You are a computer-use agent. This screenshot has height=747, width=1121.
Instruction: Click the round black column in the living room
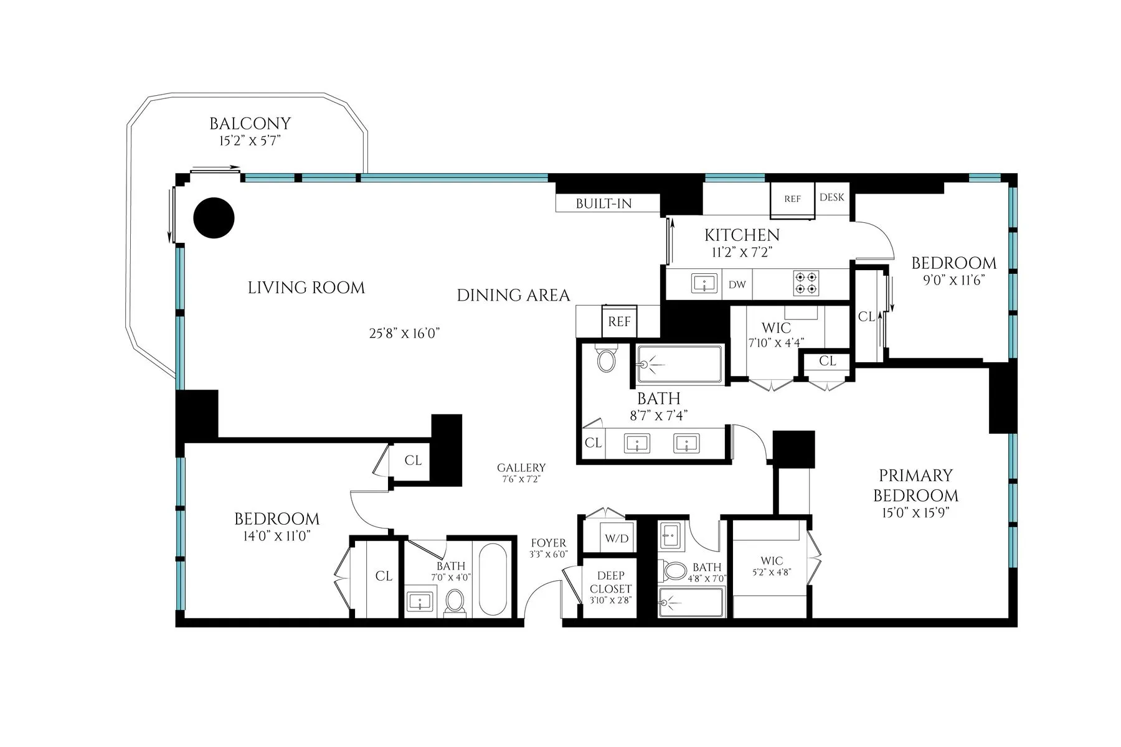click(214, 218)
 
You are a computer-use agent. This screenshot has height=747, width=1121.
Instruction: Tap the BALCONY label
click(250, 124)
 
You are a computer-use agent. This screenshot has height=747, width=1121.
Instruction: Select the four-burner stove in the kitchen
click(805, 283)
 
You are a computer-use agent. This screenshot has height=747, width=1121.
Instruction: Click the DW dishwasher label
click(737, 284)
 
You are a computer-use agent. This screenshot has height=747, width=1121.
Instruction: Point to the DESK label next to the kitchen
click(831, 197)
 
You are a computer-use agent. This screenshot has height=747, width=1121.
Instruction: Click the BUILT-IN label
click(603, 204)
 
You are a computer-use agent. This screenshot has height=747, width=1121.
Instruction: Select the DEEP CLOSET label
click(610, 582)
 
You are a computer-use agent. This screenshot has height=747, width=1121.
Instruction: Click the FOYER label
click(548, 543)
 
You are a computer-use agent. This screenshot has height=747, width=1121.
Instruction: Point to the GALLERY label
click(521, 468)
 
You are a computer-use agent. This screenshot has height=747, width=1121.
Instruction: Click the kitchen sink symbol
click(704, 284)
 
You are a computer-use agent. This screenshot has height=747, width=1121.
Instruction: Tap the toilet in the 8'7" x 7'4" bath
click(605, 359)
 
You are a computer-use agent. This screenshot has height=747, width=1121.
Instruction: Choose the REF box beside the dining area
click(619, 322)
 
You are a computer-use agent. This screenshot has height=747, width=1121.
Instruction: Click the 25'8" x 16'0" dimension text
click(405, 333)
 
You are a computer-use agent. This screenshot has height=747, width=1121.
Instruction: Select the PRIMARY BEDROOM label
click(915, 486)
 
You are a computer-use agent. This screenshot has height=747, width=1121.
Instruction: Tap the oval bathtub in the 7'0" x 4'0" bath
click(494, 579)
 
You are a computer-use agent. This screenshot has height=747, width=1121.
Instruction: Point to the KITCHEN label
click(742, 235)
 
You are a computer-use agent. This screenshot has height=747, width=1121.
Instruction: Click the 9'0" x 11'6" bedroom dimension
click(953, 280)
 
